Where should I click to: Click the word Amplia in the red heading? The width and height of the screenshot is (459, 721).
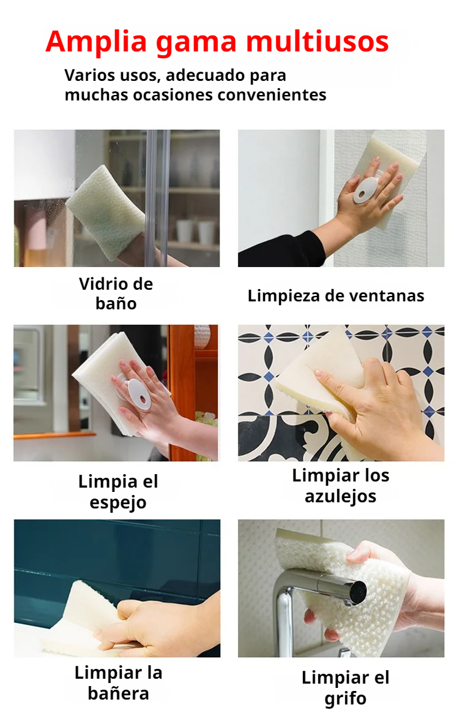pos(96,42)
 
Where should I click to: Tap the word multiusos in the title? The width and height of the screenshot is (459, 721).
pos(318,42)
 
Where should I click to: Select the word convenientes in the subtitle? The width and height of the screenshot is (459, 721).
pos(272,95)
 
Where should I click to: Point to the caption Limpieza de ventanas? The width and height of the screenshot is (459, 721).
pos(336,296)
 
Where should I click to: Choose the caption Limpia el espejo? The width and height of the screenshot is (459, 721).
pos(118,491)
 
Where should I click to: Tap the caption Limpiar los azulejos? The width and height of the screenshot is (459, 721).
pos(340,486)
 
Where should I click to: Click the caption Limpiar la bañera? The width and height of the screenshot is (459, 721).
pos(119,682)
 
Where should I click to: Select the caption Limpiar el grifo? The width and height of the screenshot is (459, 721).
pos(346,687)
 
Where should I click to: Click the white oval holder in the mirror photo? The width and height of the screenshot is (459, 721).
pos(139,394)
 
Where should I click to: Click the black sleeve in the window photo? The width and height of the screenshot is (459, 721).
pos(282,249)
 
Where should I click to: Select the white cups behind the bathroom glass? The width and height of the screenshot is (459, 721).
pos(196,232)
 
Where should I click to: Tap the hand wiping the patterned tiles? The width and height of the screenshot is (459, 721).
pos(377,409)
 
